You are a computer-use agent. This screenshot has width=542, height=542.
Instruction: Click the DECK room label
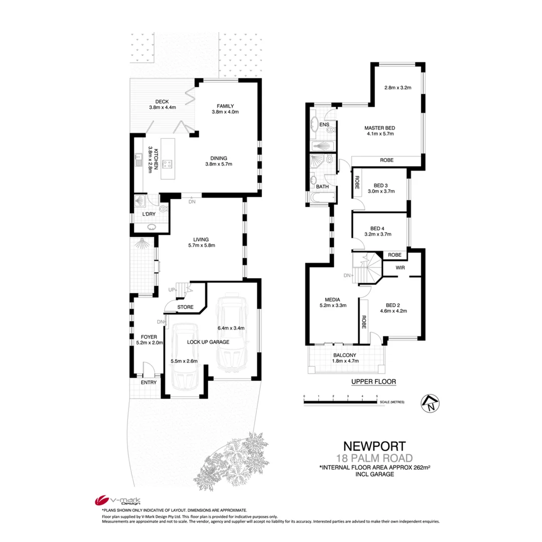click(162, 101)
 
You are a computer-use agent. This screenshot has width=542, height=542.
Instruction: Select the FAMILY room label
click(225, 105)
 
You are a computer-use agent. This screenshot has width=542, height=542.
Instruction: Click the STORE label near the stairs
click(185, 307)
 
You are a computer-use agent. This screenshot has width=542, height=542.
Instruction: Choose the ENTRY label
click(148, 382)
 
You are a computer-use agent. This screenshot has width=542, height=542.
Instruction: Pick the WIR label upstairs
click(400, 267)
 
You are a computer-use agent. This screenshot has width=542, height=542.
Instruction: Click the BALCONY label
click(344, 354)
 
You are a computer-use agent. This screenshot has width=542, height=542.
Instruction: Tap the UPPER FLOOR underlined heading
click(374, 381)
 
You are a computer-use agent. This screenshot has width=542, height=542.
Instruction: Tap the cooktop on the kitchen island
click(167, 164)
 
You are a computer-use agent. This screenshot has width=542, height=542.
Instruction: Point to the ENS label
click(324, 123)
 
